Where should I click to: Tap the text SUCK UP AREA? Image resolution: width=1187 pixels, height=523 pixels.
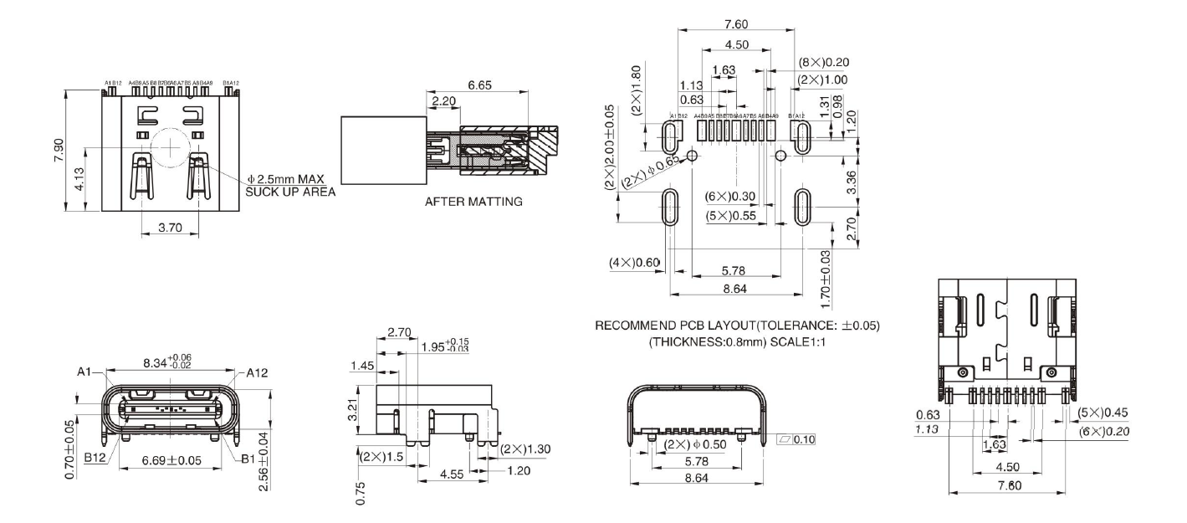click(x=289, y=192)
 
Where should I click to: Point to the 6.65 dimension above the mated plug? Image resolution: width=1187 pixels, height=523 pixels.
click(x=480, y=85)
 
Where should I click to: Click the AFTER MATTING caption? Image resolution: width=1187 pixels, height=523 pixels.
click(x=473, y=202)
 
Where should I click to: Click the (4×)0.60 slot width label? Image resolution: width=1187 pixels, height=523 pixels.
click(x=634, y=264)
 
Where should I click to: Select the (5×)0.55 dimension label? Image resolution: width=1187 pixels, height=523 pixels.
click(x=730, y=215)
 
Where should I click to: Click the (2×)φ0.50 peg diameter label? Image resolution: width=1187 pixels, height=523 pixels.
click(x=698, y=444)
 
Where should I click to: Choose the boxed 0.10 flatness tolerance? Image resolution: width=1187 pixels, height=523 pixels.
click(x=802, y=439)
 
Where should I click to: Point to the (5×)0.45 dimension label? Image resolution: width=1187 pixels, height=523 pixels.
click(x=1103, y=413)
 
